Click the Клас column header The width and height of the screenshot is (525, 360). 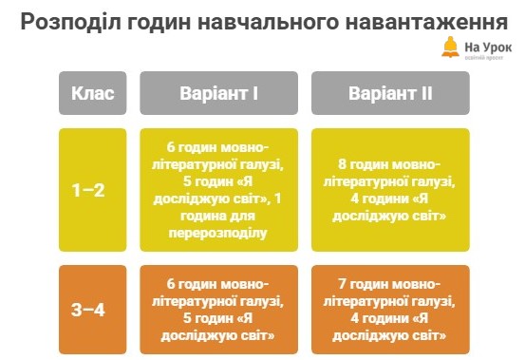point(93,93)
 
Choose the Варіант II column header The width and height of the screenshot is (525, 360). point(391,93)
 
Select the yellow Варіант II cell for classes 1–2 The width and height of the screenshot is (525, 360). point(391,190)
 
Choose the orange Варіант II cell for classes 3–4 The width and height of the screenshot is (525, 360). point(391,310)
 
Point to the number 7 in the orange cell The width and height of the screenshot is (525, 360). point(340,283)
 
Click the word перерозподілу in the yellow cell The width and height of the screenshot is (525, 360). point(217,232)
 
